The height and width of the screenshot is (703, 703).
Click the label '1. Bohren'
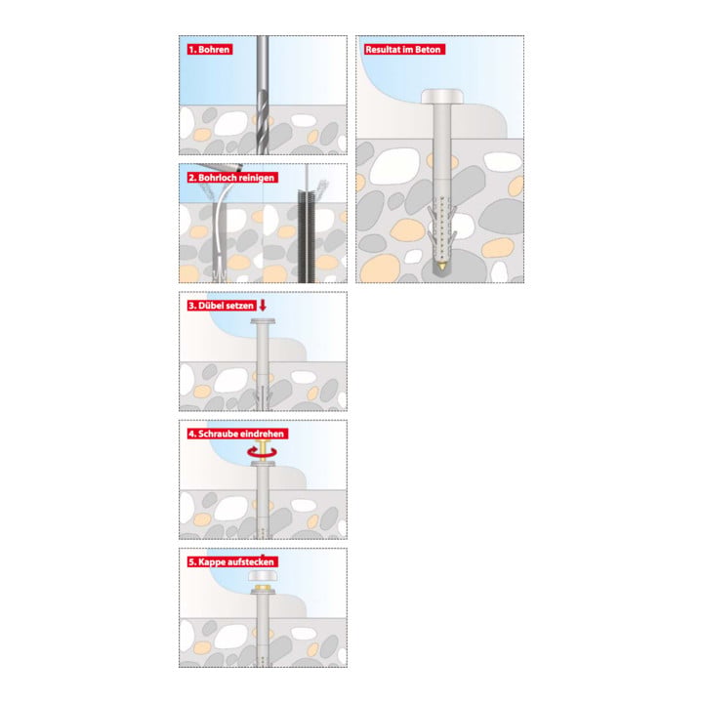209,50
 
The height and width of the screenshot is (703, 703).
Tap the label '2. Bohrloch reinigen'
231,178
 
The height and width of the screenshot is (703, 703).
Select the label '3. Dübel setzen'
222,306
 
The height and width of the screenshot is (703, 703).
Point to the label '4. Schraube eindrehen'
236,434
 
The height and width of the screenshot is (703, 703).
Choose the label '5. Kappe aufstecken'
231,562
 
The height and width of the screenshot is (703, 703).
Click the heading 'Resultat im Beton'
404,50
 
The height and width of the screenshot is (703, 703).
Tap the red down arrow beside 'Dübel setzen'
263,306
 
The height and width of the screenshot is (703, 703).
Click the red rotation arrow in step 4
263,453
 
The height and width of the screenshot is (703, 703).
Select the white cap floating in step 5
263,576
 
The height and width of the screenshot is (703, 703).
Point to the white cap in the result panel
442,96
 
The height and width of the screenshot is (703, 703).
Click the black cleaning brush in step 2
305,235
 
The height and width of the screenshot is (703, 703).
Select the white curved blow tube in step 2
221,225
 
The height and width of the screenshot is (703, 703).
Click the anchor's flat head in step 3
263,321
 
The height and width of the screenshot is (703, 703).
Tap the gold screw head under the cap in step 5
263,587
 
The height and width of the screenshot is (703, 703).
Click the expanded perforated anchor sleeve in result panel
442,228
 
